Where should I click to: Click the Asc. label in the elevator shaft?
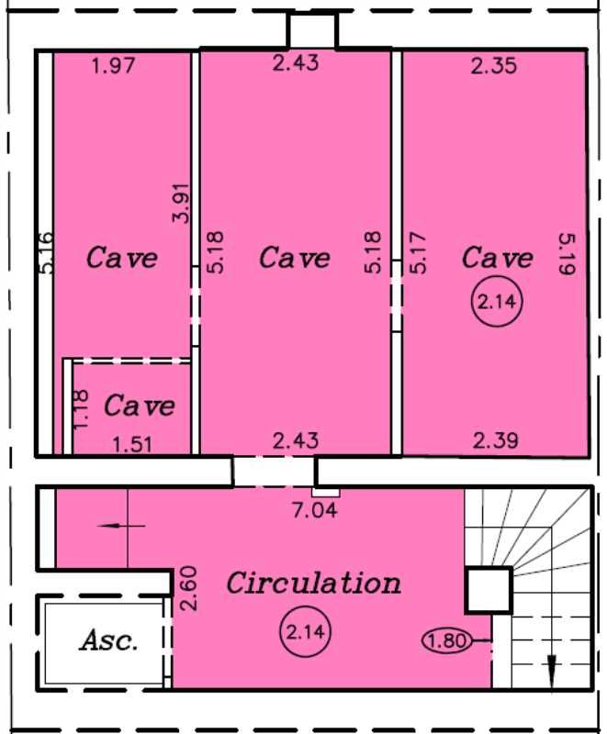pos(109,639)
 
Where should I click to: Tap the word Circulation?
pos(313,583)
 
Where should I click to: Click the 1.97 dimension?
pos(114,65)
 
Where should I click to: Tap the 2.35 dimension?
pos(494,65)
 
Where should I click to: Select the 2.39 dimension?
pos(496,441)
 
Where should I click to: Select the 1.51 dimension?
pos(133,445)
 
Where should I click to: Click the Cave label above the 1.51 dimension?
pos(139,405)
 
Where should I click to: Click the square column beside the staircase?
pos(488,590)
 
